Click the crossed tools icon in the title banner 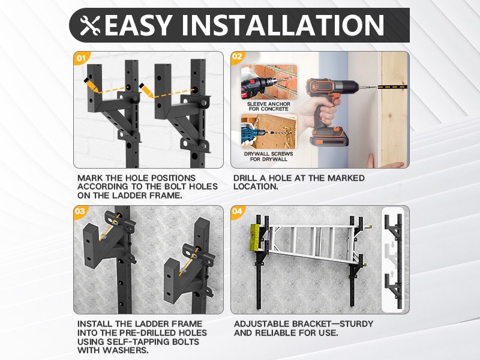click(90, 25)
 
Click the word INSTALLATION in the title click(283, 25)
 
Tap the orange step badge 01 click(81, 58)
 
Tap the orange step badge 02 click(236, 56)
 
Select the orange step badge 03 click(80, 211)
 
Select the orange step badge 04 click(237, 211)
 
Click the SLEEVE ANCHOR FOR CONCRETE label click(268, 107)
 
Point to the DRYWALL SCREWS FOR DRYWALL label click(268, 157)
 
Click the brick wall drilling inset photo click(269, 82)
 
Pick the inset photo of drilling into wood click(269, 131)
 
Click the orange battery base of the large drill click(329, 137)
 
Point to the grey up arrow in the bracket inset click(392, 273)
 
